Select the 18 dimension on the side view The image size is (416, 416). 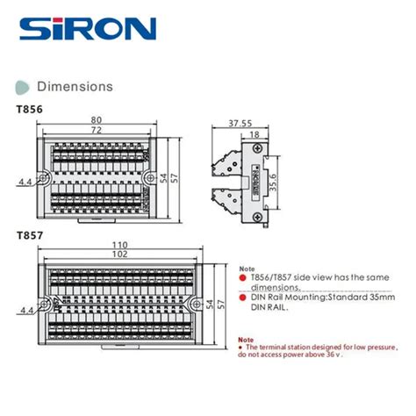click(253, 134)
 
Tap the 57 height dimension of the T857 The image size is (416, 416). click(222, 303)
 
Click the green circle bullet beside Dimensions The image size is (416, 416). click(22, 86)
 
